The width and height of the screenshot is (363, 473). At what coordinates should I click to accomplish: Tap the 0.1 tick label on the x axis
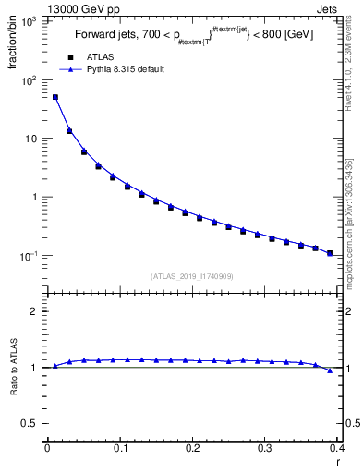pos(120,448)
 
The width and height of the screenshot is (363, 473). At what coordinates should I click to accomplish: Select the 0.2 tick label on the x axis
pos(192,448)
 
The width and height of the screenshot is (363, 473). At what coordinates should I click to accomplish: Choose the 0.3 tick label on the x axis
pos(265,448)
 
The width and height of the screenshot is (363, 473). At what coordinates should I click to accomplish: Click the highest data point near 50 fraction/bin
pos(55,97)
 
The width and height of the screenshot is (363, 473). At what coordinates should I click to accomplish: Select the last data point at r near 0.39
pos(330,252)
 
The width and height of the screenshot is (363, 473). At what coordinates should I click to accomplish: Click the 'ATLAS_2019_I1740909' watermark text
pos(192,275)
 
